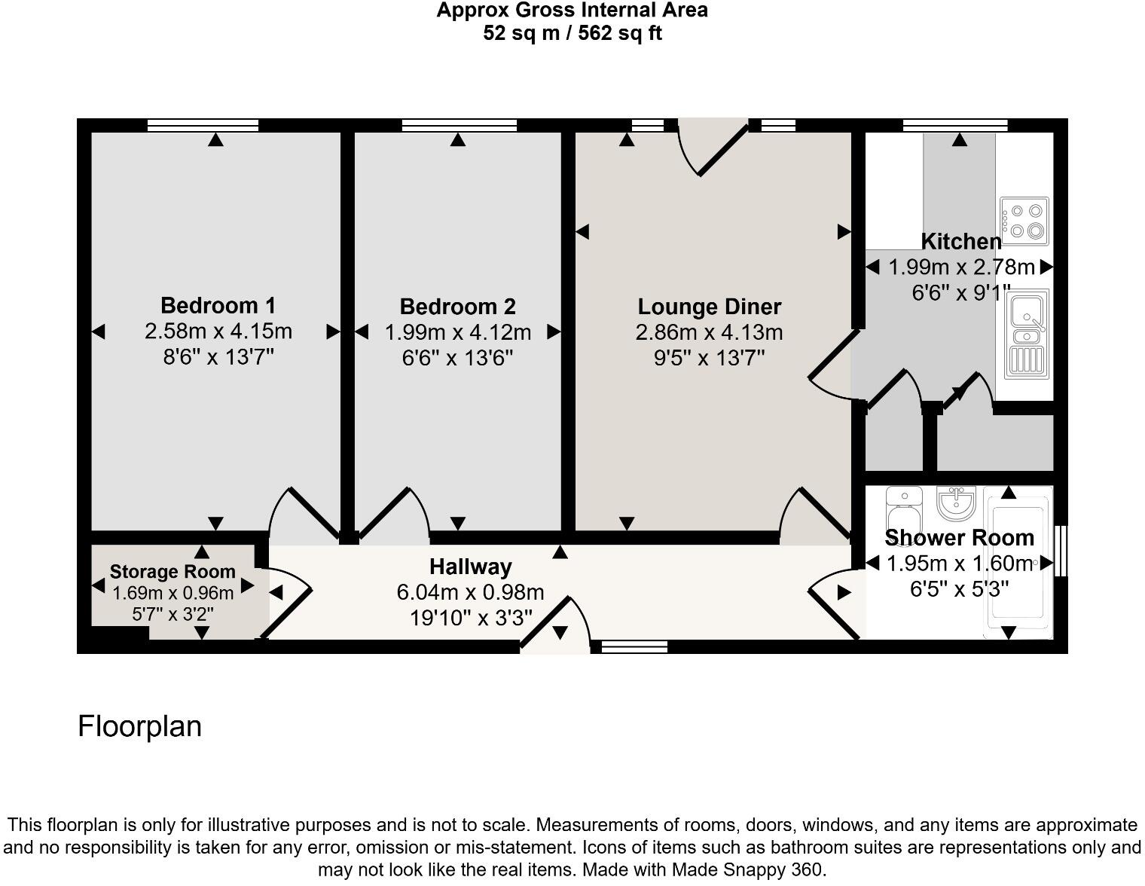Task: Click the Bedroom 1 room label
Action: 218,306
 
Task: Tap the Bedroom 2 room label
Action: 457,307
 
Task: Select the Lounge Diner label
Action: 709,307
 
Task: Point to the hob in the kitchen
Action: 1024,221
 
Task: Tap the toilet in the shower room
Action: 902,510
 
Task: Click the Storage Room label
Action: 173,572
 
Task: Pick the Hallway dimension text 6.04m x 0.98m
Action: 470,593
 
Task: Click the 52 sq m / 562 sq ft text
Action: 572,33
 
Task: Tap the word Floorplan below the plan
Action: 140,726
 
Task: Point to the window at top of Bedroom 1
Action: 203,125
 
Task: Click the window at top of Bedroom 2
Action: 459,125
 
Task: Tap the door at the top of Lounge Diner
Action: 712,146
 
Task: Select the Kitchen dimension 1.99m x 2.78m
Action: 961,267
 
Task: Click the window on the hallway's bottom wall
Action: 630,646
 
